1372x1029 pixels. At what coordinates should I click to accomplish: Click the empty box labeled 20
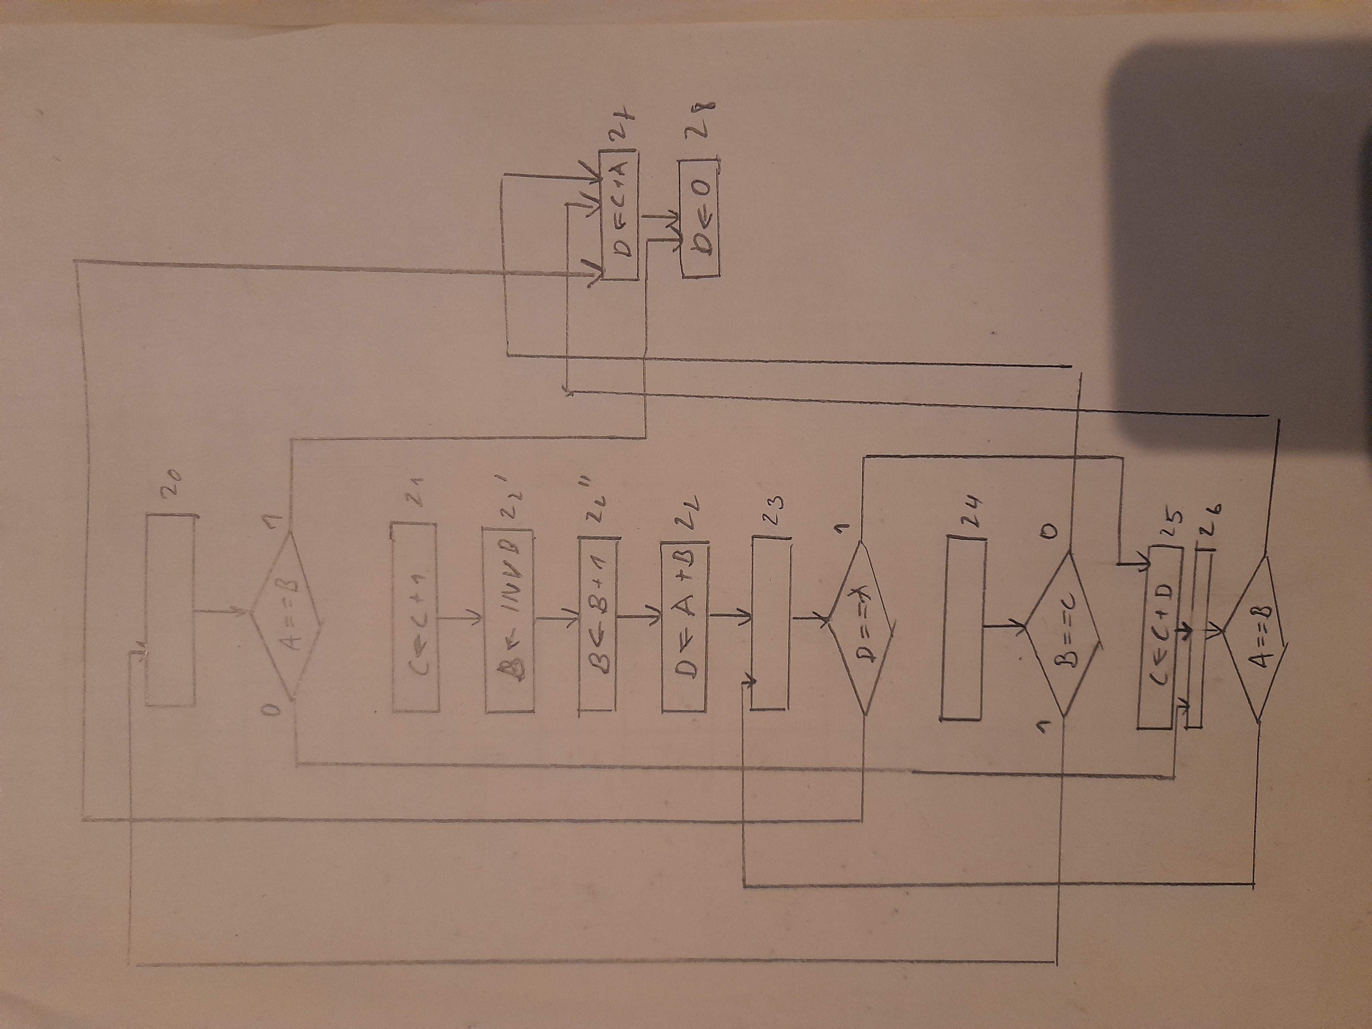click(x=169, y=610)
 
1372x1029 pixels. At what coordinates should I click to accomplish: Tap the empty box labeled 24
click(x=963, y=628)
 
